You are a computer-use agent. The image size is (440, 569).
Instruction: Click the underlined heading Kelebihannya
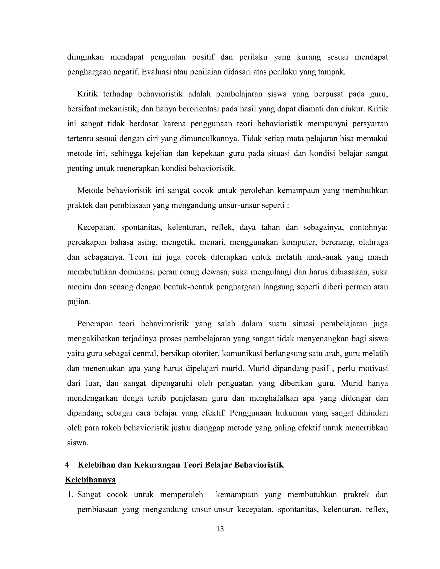(90, 480)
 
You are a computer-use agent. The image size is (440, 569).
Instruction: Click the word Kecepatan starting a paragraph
(96, 227)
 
